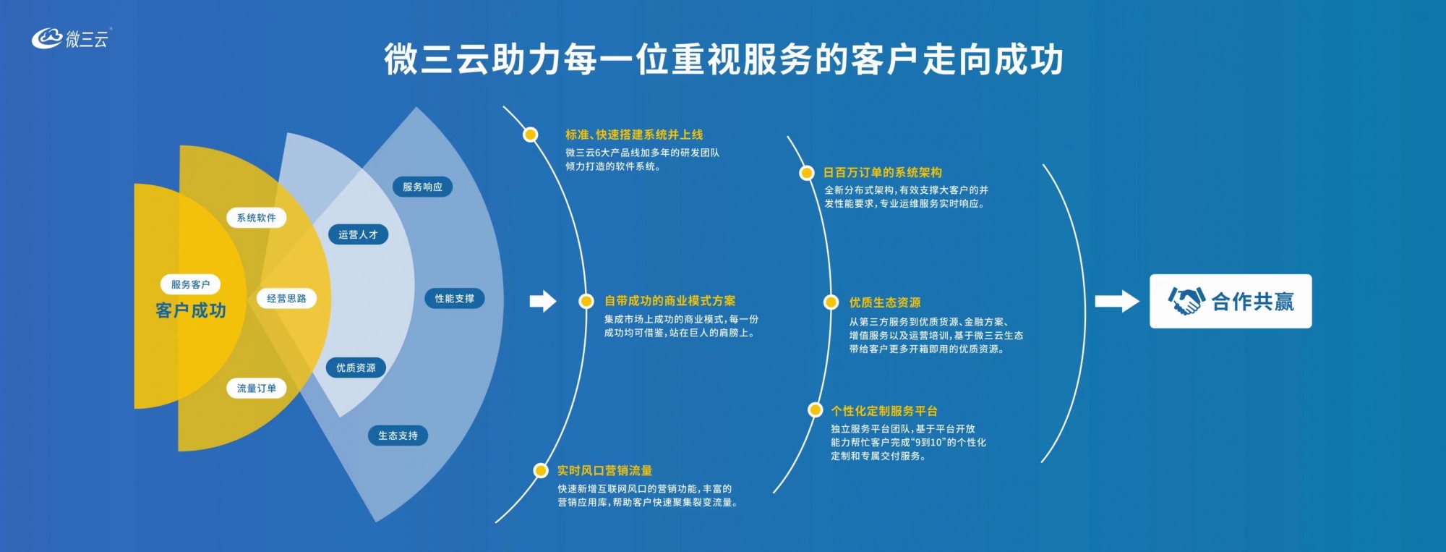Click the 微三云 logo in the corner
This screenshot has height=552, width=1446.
72,38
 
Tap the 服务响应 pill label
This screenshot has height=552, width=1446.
423,187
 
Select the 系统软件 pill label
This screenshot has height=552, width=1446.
257,218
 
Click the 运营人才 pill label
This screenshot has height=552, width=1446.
358,234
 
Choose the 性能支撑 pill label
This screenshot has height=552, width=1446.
455,298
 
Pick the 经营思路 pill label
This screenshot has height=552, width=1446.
287,298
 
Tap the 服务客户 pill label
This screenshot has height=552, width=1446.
190,284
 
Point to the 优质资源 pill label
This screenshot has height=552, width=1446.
356,368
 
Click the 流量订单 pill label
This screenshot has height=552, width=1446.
257,388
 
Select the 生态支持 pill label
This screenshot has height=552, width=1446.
398,436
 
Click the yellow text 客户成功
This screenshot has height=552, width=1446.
191,310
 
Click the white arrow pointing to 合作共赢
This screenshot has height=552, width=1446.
1117,301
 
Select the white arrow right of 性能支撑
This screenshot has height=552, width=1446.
543,301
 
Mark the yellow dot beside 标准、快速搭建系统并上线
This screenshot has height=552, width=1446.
531,135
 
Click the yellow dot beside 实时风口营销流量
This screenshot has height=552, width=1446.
541,471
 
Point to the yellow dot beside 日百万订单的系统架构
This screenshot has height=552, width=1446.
806,172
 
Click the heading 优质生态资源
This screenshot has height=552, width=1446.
885,302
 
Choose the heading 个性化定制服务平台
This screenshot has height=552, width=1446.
884,411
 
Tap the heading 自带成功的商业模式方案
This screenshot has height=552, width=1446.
670,301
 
